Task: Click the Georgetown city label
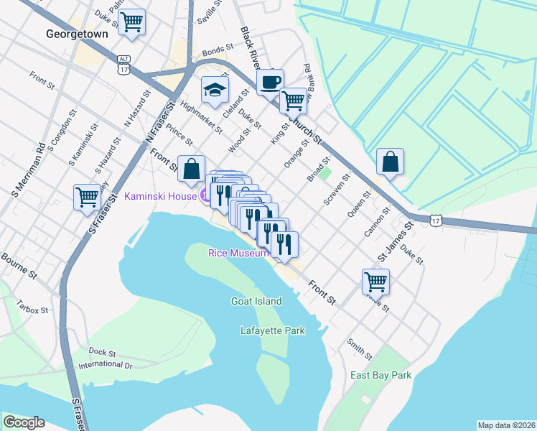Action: [x=76, y=34]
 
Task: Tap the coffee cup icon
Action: [x=270, y=83]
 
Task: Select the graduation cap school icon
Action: [x=214, y=90]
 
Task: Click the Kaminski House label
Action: [x=160, y=195]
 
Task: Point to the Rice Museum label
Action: [x=238, y=253]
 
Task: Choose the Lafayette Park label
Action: [x=272, y=330]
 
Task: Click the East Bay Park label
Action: [x=380, y=375]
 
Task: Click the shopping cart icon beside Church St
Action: [x=293, y=101]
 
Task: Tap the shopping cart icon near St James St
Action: [x=376, y=282]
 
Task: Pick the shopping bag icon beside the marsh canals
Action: [x=390, y=162]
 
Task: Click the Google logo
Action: [x=24, y=422]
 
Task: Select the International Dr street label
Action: [x=106, y=365]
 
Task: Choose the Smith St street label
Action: [x=360, y=350]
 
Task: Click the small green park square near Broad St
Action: [x=325, y=173]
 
